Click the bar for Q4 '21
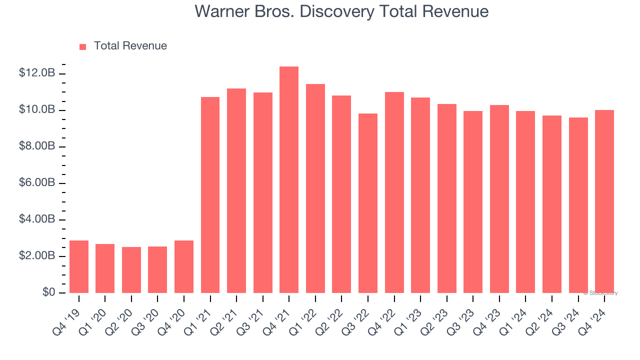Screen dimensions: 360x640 click(289, 180)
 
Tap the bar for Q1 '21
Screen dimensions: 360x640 click(210, 195)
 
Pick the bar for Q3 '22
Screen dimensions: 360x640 click(368, 203)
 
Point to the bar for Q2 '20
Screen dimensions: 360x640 click(131, 270)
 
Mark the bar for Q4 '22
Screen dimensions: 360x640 click(394, 192)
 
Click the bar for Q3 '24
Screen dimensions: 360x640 click(578, 205)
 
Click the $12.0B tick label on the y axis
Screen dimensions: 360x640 click(37, 73)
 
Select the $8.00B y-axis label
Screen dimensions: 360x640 click(37, 146)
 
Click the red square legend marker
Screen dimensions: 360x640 click(83, 47)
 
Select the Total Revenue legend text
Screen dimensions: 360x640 click(130, 46)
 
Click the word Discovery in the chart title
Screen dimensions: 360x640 click(330, 11)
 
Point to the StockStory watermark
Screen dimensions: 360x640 click(600, 293)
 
